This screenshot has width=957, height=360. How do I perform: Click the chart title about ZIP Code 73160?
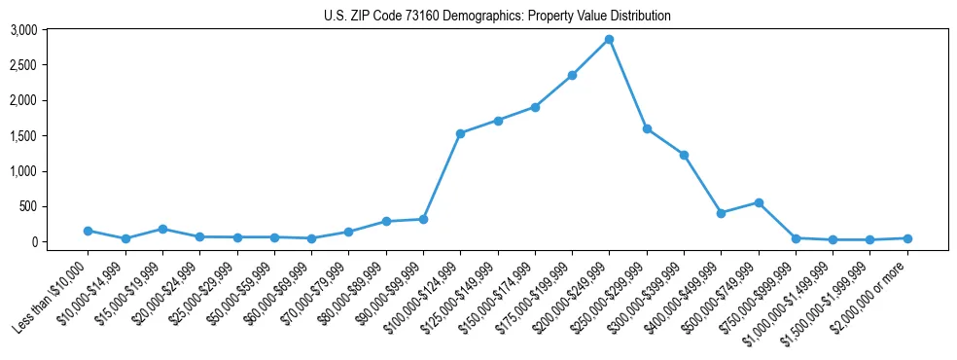tap(497, 16)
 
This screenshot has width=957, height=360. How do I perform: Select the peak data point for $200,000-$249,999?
tap(609, 39)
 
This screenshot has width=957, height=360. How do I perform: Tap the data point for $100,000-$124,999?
tap(460, 133)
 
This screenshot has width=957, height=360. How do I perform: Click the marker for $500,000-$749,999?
tap(759, 202)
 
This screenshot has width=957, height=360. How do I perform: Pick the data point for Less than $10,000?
tap(88, 231)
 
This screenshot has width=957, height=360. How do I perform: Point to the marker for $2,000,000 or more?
tap(907, 238)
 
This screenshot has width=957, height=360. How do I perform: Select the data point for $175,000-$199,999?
tap(572, 75)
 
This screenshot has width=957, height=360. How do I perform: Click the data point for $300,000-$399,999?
tap(684, 155)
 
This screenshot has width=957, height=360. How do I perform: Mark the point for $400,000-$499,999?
tap(721, 212)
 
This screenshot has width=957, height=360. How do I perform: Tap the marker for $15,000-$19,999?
tap(162, 229)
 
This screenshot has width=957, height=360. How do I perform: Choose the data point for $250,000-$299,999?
tap(647, 128)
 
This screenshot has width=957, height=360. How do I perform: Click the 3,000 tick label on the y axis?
tap(23, 30)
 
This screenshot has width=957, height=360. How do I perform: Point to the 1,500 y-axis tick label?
tap(23, 136)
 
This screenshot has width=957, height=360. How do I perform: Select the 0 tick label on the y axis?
tap(33, 242)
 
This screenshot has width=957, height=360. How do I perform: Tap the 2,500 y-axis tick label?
tap(23, 65)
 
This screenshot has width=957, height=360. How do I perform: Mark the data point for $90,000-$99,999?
tap(423, 219)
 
